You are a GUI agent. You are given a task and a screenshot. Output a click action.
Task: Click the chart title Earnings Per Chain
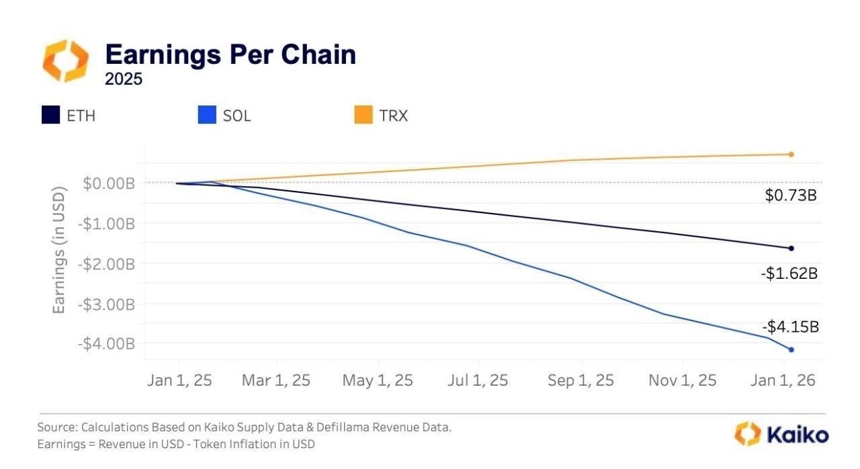230,54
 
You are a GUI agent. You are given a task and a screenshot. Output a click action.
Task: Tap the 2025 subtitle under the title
124,79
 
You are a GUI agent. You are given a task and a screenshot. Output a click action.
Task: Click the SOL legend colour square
206,116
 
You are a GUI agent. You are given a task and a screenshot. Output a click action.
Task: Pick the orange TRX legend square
363,116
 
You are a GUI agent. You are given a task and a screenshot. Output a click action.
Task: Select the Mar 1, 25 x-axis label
276,380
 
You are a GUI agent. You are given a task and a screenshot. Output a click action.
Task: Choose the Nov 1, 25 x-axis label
682,380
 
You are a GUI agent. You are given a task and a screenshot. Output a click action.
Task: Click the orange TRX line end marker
791,155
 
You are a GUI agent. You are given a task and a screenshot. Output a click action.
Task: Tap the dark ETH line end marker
791,249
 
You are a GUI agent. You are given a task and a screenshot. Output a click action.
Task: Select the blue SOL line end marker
791,349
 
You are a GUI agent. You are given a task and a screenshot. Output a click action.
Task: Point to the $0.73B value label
791,196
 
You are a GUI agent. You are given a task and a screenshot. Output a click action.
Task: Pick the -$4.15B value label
790,327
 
